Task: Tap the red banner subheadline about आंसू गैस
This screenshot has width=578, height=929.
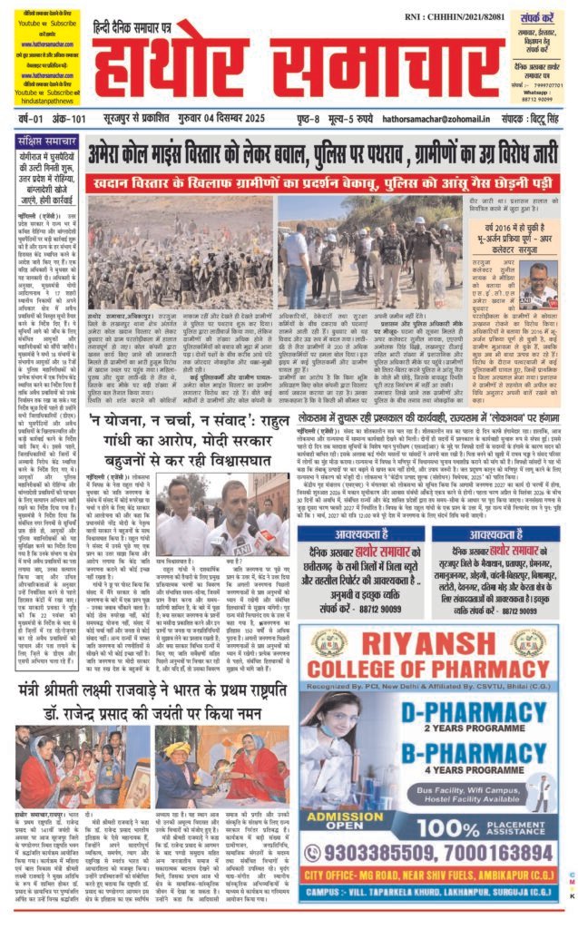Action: (333, 181)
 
